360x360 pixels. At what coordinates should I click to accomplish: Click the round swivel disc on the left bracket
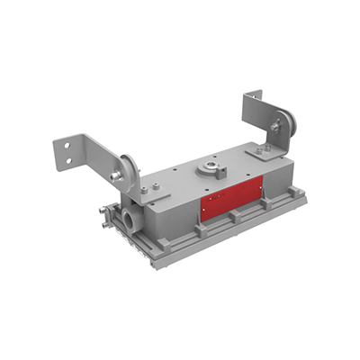click(131, 170)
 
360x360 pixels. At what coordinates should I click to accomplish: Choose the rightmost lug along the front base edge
click(271, 206)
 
